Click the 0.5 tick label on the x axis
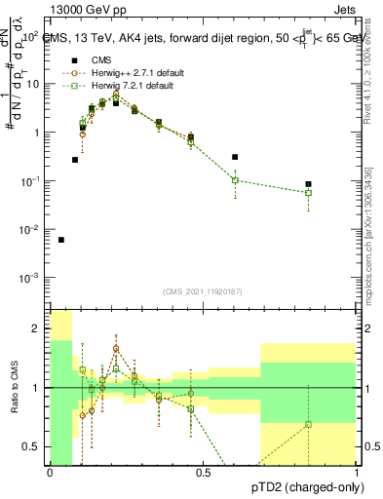pos(203,473)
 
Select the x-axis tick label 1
pos(357,473)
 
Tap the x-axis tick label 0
pos(50,473)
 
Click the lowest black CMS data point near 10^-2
pos(61,240)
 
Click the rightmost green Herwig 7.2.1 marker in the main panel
pos(308,193)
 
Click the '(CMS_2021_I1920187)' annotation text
pos(203,290)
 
